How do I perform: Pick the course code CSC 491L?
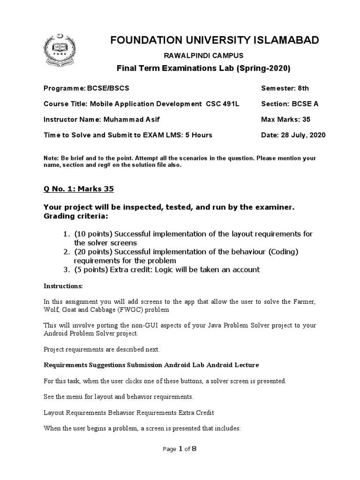(223, 104)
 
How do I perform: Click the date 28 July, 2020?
(303, 135)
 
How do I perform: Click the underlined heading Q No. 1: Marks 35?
(78, 189)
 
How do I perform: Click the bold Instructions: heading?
(63, 285)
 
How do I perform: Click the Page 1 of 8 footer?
(180, 449)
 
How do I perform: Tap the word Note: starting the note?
(51, 158)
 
